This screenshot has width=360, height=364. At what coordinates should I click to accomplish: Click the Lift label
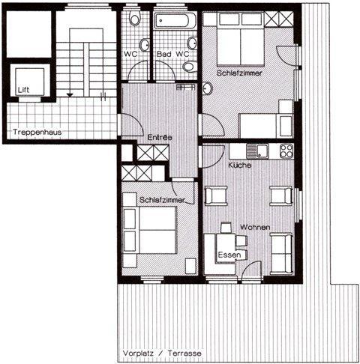[x=23, y=90]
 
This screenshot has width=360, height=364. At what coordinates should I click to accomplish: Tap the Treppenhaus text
[x=37, y=132]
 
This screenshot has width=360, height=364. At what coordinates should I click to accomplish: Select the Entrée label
[x=160, y=137]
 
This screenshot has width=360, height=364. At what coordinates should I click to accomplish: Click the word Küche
[x=240, y=166]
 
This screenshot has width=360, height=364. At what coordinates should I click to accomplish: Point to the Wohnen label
[x=255, y=228]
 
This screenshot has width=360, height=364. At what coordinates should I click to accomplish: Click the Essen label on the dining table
[x=229, y=255]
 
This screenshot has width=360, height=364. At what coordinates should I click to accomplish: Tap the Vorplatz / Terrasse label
[x=162, y=354]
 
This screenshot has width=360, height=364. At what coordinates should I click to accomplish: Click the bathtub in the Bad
[x=175, y=21]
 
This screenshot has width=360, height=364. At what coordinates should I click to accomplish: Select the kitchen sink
[x=257, y=151]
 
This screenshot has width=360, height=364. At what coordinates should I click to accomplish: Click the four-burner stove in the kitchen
[x=286, y=151]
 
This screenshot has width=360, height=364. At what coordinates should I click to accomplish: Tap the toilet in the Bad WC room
[x=190, y=67]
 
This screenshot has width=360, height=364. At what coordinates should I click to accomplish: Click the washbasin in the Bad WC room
[x=193, y=43]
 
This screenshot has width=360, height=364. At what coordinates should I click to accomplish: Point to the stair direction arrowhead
[x=70, y=95]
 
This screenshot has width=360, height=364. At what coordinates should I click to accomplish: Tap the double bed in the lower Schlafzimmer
[x=157, y=230]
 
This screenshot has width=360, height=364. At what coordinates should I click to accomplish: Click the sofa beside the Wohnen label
[x=281, y=254]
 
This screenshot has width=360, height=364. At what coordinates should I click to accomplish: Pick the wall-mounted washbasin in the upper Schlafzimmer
[x=207, y=88]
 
